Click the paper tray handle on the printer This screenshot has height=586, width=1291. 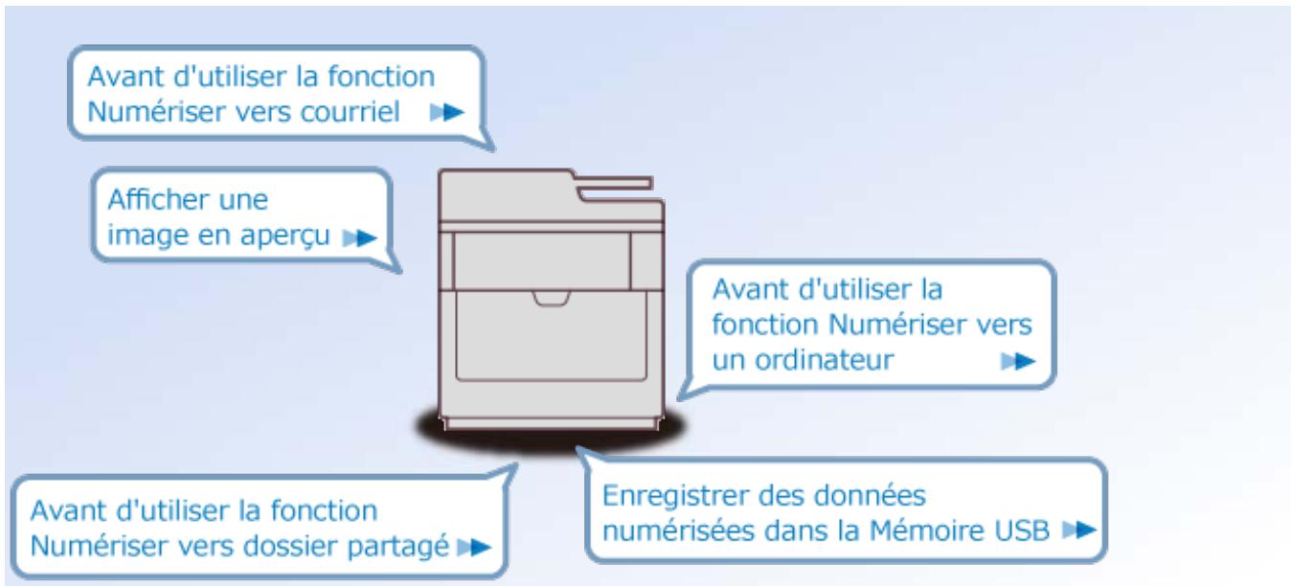click(x=552, y=301)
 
